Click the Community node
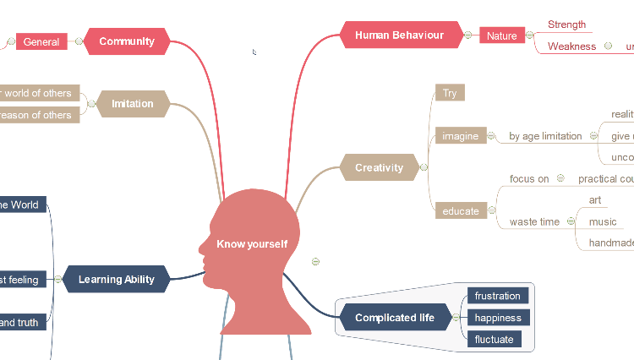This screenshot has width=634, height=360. [127, 41]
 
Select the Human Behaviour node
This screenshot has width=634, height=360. [399, 35]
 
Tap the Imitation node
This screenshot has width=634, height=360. [133, 104]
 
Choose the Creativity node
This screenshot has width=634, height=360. [379, 167]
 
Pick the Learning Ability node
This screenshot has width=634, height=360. [117, 279]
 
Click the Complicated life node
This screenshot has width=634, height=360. [395, 318]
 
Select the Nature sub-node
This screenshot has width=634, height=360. [502, 35]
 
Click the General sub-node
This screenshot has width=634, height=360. [41, 41]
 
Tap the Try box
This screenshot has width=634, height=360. [450, 93]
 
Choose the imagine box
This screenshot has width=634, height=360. [461, 136]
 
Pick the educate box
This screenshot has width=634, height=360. [461, 211]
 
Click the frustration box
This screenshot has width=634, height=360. [498, 296]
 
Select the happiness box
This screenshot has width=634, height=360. [499, 318]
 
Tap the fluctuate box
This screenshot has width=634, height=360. [495, 340]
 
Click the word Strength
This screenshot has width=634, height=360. [566, 25]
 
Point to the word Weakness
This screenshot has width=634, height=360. [571, 46]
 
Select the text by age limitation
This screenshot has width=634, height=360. [545, 136]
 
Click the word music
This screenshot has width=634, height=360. [603, 221]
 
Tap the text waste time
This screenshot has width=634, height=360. [534, 221]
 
